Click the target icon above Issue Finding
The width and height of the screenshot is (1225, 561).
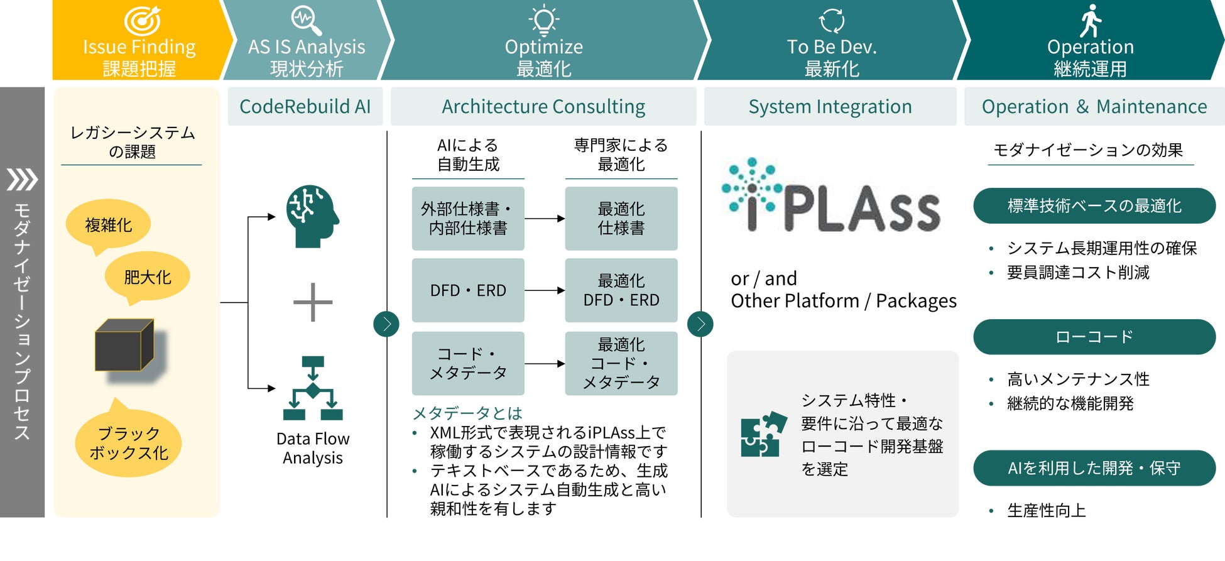pyautogui.click(x=142, y=21)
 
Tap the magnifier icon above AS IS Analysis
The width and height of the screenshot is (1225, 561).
pyautogui.click(x=307, y=21)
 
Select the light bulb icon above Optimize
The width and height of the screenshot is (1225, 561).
pyautogui.click(x=544, y=20)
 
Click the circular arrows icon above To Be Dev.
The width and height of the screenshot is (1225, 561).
pyautogui.click(x=832, y=20)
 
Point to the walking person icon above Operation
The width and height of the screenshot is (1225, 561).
pyautogui.click(x=1091, y=21)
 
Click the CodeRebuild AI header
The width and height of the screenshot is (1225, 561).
pyautogui.click(x=305, y=107)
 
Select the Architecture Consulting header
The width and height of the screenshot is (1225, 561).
pyautogui.click(x=543, y=107)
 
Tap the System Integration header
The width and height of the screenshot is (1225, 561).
pyautogui.click(x=830, y=107)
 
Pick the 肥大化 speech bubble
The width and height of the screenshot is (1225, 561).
pyautogui.click(x=147, y=278)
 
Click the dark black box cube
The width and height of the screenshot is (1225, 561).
pyautogui.click(x=124, y=345)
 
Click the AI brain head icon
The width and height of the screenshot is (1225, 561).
pyautogui.click(x=312, y=216)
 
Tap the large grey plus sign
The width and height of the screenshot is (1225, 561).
pyautogui.click(x=313, y=302)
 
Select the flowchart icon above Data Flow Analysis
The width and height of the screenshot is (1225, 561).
pyautogui.click(x=313, y=388)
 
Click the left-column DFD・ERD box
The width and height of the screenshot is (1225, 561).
pyautogui.click(x=468, y=290)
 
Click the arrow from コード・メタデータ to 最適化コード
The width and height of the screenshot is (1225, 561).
pyautogui.click(x=545, y=364)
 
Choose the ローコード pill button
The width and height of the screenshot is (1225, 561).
pyautogui.click(x=1094, y=337)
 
